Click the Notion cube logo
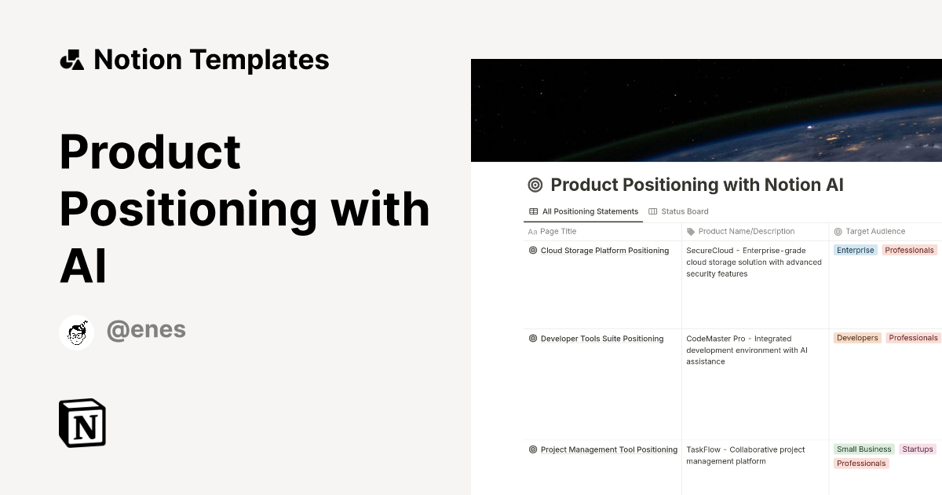point(82,423)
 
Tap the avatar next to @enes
point(77,332)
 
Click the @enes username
point(146,330)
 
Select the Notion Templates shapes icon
point(71,60)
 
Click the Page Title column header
point(558,232)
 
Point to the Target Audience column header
point(874,232)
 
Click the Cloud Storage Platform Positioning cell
point(604,251)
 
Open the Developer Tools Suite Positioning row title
point(601,339)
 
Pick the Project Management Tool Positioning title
point(608,449)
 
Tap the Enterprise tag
point(855,251)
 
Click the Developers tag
point(857,338)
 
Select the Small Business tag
point(863,449)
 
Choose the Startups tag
point(917,449)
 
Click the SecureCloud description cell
point(754,262)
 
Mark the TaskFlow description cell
point(745,456)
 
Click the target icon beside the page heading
point(535,185)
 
